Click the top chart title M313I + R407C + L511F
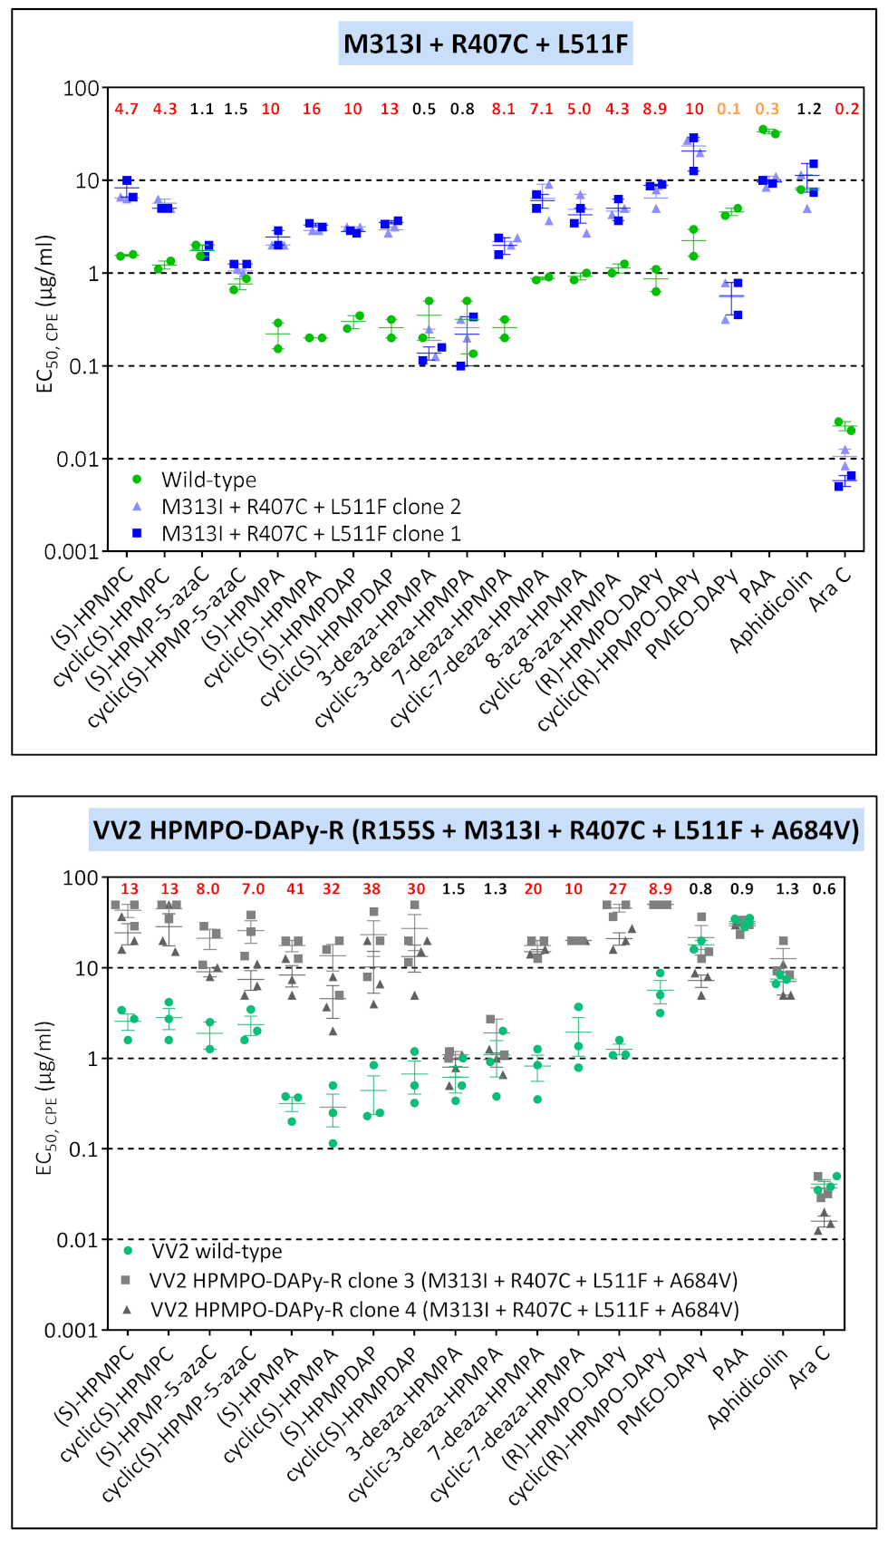pyautogui.click(x=486, y=44)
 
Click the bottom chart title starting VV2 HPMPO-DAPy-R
pyautogui.click(x=476, y=829)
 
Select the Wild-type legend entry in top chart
pyautogui.click(x=208, y=480)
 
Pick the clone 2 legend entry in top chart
pyautogui.click(x=310, y=507)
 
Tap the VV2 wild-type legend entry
pyautogui.click(x=217, y=1251)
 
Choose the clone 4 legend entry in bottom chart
pyautogui.click(x=444, y=1310)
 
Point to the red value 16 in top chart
pyautogui.click(x=312, y=109)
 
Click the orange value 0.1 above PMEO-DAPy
pyautogui.click(x=729, y=109)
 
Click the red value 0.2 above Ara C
pyautogui.click(x=847, y=109)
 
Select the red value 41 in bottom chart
pyautogui.click(x=295, y=889)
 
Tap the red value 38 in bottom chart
pyautogui.click(x=372, y=889)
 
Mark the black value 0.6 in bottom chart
pyautogui.click(x=824, y=889)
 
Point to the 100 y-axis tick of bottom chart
pyautogui.click(x=80, y=877)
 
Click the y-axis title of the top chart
pyautogui.click(x=46, y=314)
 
